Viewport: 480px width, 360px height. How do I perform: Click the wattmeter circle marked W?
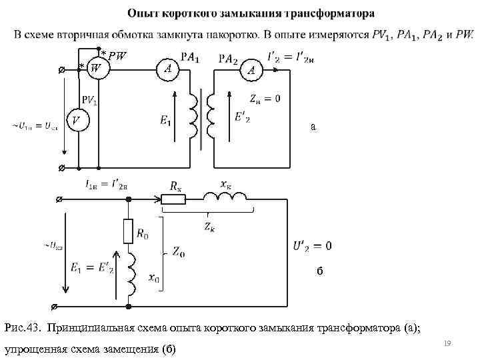point(97,68)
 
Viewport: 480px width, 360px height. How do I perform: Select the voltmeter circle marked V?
point(77,121)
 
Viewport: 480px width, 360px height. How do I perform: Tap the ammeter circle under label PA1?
point(168,68)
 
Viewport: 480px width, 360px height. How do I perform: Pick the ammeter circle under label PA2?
point(251,69)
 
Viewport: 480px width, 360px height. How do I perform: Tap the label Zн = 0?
point(265,99)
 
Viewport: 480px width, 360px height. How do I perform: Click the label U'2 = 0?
point(312,246)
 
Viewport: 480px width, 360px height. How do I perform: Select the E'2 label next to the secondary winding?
point(243,117)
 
